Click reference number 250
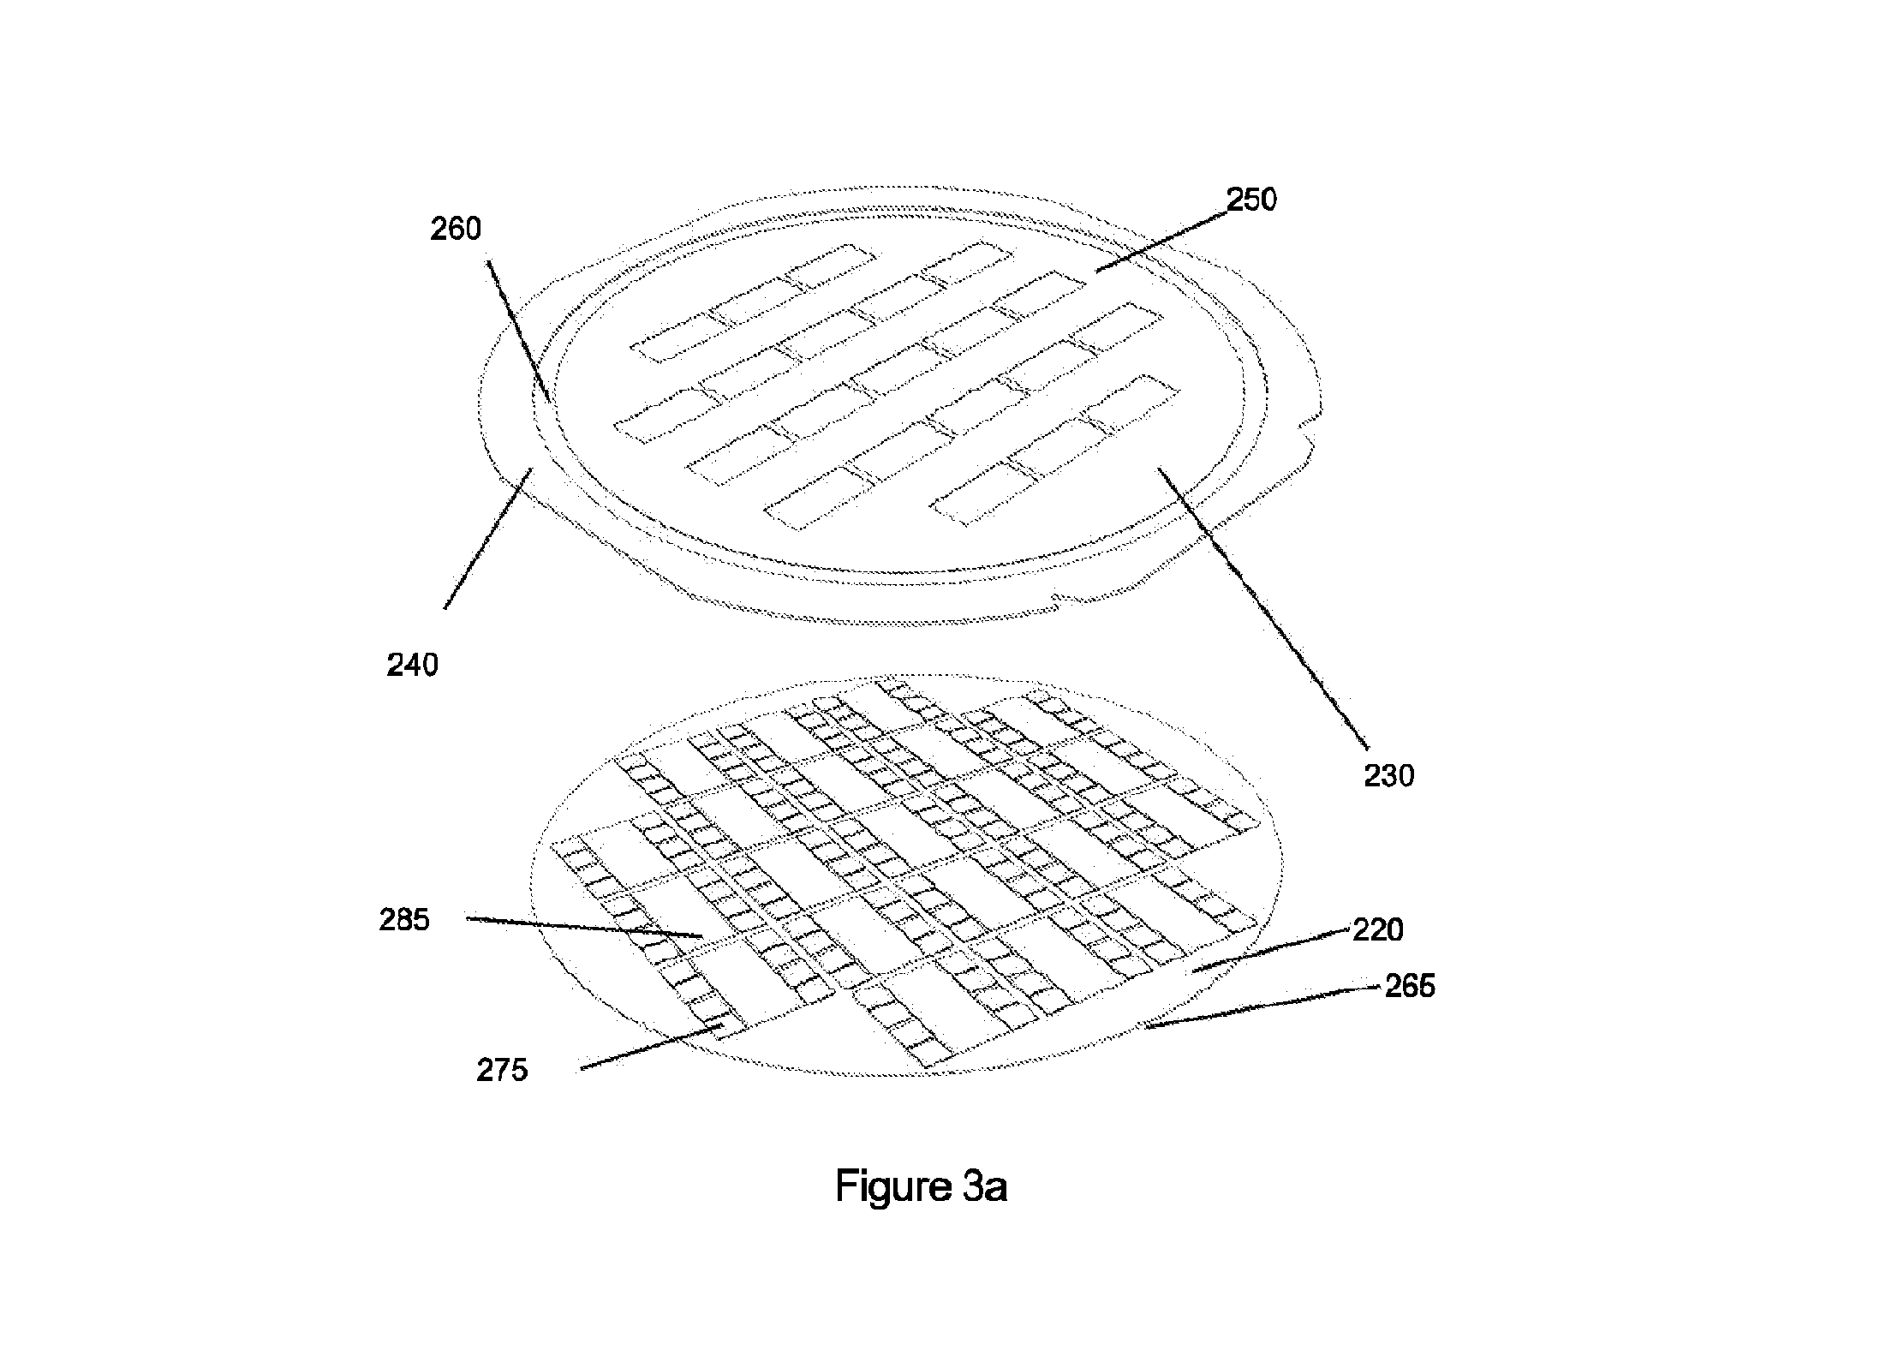[1252, 200]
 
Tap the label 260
[456, 229]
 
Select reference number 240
[413, 665]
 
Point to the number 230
[1388, 776]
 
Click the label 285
[404, 920]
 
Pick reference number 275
[502, 1070]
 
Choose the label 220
[1378, 930]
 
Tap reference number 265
[1410, 986]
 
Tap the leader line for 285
[584, 928]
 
